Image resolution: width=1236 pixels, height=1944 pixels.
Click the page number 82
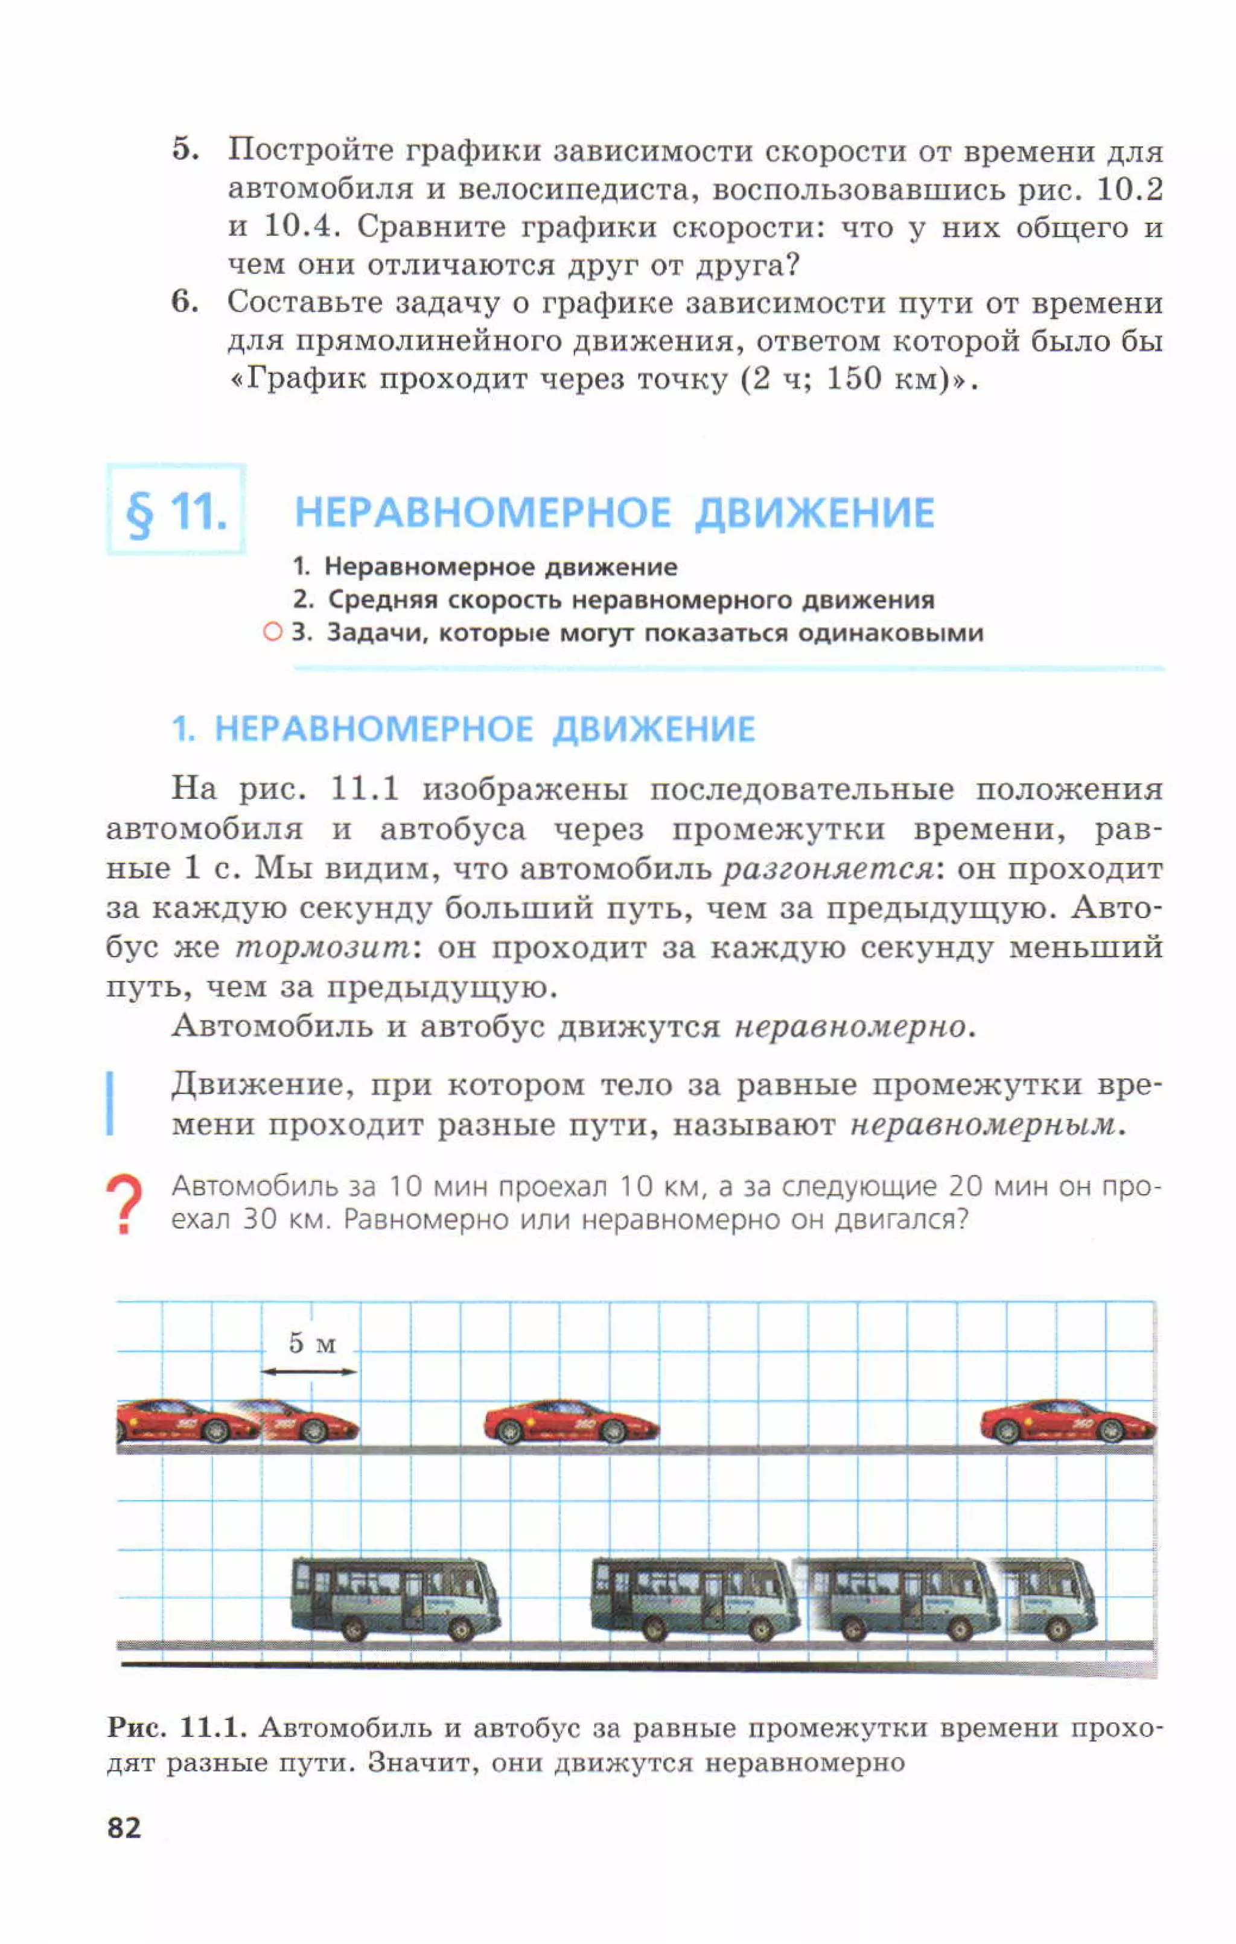click(x=124, y=1827)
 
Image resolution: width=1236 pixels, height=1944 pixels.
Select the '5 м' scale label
click(x=311, y=1343)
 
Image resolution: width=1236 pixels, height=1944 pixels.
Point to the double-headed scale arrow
click(x=309, y=1371)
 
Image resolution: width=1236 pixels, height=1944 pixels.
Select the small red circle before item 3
click(x=273, y=632)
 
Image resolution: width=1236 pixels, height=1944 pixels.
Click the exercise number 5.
click(x=184, y=150)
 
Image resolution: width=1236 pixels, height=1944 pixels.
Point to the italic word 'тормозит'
click(x=323, y=948)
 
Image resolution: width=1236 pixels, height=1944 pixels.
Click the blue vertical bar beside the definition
click(x=110, y=1104)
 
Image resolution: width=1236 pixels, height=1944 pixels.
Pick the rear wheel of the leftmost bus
click(x=354, y=1630)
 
